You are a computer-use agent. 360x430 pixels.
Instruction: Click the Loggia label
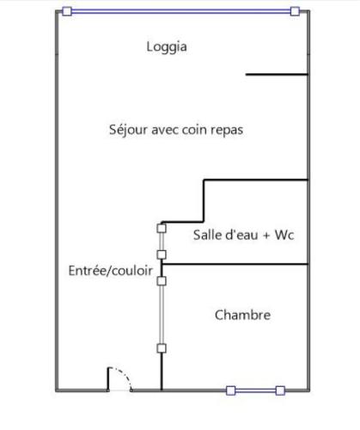click(167, 47)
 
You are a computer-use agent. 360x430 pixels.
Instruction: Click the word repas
click(227, 131)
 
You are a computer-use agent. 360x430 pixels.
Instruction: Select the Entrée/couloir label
click(111, 271)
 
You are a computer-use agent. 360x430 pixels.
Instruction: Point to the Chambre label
click(242, 315)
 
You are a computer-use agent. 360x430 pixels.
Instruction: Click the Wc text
click(284, 235)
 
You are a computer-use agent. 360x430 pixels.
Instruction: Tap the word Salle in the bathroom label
click(204, 235)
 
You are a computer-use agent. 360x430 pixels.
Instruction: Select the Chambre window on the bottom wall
click(255, 390)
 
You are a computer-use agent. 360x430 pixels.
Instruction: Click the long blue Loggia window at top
click(181, 11)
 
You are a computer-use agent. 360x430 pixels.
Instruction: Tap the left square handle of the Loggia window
click(67, 11)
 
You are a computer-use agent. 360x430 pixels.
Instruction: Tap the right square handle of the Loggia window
click(295, 11)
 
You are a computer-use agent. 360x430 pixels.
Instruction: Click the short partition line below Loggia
click(277, 75)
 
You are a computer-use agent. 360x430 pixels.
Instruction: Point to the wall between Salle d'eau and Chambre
click(235, 264)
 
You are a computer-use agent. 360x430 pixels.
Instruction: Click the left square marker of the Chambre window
click(231, 390)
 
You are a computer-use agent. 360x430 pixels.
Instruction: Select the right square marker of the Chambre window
click(280, 390)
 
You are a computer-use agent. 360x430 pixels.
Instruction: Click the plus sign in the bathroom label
click(266, 236)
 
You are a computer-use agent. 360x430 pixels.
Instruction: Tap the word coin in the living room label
click(194, 131)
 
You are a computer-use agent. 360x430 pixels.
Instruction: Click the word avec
click(165, 131)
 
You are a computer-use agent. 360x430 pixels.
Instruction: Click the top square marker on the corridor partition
click(162, 229)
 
